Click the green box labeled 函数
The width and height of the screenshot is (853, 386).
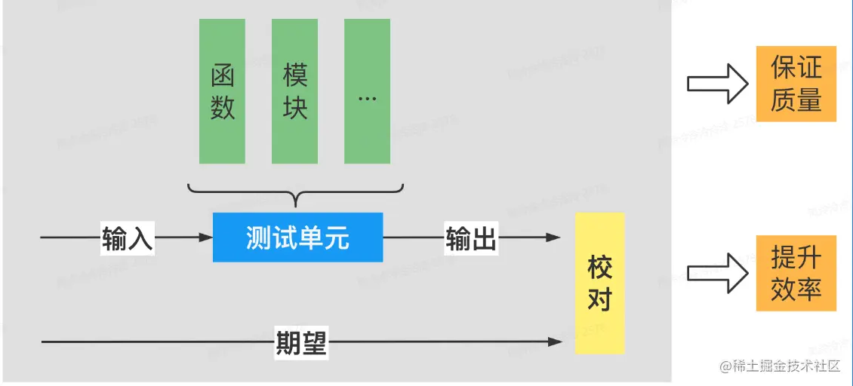point(222,91)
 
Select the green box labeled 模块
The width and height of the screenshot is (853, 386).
point(294,91)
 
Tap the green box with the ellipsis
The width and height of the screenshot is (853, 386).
point(367,91)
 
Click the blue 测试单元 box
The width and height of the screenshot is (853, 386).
point(297,237)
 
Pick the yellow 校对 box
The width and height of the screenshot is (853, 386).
point(599,283)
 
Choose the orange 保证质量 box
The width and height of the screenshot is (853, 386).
point(796,83)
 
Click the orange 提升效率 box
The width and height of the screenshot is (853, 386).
point(796,273)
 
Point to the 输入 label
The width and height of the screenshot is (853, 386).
point(128,238)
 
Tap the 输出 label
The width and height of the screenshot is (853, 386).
point(471,238)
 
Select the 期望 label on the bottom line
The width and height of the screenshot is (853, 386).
point(300,343)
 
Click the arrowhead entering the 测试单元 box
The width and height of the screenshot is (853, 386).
point(205,237)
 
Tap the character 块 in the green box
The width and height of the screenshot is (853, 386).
point(294,107)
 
